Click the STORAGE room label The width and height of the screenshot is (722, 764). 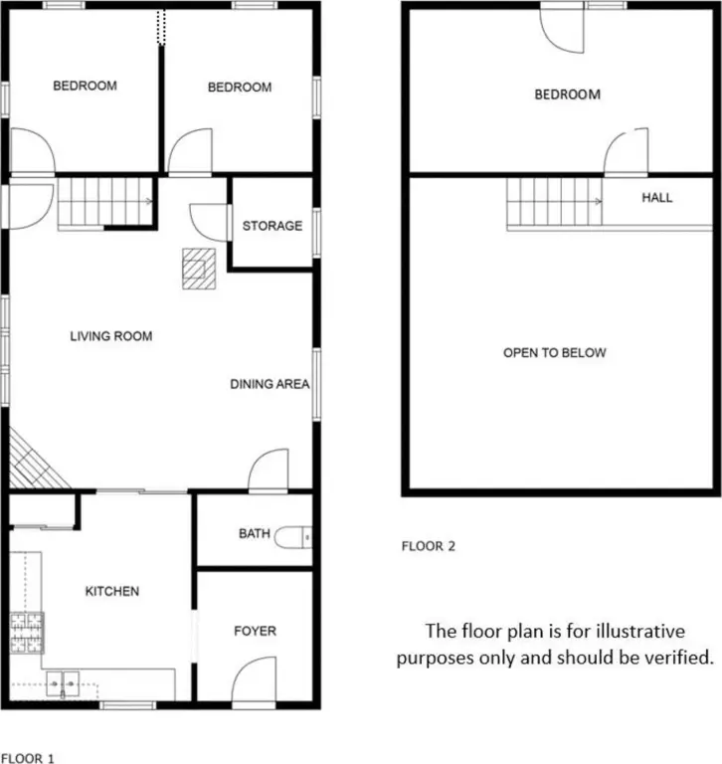[x=272, y=226]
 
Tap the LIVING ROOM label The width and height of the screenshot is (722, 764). [x=111, y=336]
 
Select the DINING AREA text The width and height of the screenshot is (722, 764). [x=270, y=384]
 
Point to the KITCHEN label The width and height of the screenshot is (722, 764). [x=112, y=591]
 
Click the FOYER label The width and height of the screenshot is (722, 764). [x=255, y=631]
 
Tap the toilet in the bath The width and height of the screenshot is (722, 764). [x=292, y=537]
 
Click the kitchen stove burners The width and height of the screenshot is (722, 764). [x=27, y=633]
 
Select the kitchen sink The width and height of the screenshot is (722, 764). [x=63, y=683]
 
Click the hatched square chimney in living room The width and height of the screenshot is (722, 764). [x=199, y=269]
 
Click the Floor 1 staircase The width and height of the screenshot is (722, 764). [x=104, y=202]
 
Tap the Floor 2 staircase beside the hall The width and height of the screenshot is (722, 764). [x=554, y=202]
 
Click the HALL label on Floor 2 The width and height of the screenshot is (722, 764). [x=656, y=197]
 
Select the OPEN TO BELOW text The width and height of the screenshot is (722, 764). [x=554, y=353]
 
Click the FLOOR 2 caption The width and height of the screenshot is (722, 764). [x=429, y=546]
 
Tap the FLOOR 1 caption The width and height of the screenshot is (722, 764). [x=27, y=758]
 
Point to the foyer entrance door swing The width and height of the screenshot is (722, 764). [x=254, y=679]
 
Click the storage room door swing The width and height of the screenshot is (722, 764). [x=209, y=222]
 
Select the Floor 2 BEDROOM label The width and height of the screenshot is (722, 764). [x=567, y=95]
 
